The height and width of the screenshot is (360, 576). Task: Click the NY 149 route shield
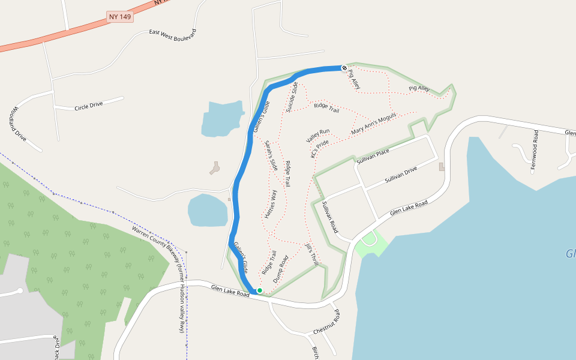[x=120, y=17]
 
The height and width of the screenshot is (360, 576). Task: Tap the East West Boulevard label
[x=173, y=35]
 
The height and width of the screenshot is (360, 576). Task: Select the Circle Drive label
[x=89, y=106]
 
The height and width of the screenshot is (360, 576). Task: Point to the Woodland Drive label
[x=17, y=124]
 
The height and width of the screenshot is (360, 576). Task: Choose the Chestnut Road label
[x=327, y=323]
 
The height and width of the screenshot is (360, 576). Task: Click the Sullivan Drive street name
[x=401, y=175]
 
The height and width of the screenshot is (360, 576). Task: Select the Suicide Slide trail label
[x=292, y=97]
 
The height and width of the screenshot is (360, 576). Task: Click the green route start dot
[x=260, y=290]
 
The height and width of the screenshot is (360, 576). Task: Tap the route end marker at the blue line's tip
[x=344, y=68]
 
